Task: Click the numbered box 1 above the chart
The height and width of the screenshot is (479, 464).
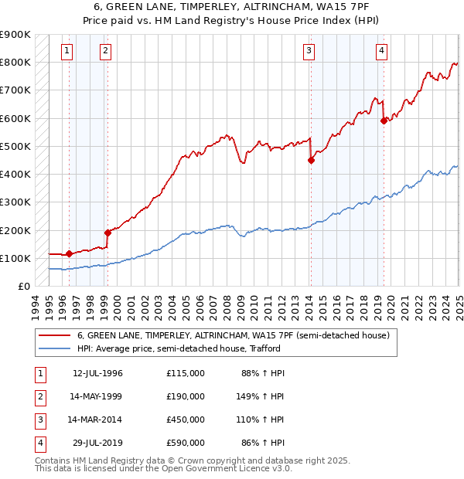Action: (x=67, y=52)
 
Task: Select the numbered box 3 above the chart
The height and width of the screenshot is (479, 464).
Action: (x=309, y=52)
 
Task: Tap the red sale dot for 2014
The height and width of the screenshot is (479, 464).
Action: (x=311, y=161)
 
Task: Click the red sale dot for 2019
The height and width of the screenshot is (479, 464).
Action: (x=384, y=121)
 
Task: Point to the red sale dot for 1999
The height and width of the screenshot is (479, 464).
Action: (x=107, y=233)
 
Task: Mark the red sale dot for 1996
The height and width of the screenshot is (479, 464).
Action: (x=69, y=253)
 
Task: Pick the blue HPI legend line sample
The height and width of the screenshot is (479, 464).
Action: (x=55, y=348)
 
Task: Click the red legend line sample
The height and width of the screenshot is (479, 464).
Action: (x=55, y=335)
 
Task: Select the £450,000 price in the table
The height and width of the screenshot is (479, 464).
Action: (x=186, y=420)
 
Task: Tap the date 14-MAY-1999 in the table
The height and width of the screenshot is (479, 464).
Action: (x=97, y=397)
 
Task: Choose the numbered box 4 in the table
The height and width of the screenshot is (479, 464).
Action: (x=40, y=443)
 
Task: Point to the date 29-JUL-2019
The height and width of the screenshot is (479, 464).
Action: (x=97, y=443)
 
